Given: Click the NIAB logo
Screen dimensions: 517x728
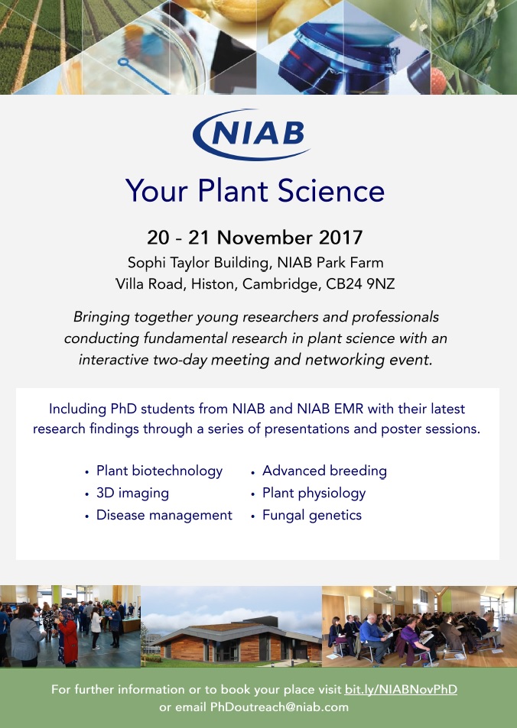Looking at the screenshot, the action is point(251,134).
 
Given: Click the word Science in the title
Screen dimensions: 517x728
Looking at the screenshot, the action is point(331,191).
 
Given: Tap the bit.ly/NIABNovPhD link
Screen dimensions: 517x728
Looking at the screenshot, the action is point(401,690).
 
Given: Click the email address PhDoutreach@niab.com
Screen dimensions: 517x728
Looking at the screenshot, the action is point(279,707).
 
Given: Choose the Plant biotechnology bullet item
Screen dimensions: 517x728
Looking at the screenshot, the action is point(160,471).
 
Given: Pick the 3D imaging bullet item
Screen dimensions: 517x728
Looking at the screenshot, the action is point(132,493).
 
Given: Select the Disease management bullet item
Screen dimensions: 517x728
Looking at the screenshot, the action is point(164,515).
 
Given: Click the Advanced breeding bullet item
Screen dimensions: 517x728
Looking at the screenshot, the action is point(324,471).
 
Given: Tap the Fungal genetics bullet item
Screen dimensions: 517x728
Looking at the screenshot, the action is point(312,516).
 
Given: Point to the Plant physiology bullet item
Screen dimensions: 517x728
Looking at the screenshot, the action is point(314,493).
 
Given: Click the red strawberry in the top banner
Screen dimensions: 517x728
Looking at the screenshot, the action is point(438,81).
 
